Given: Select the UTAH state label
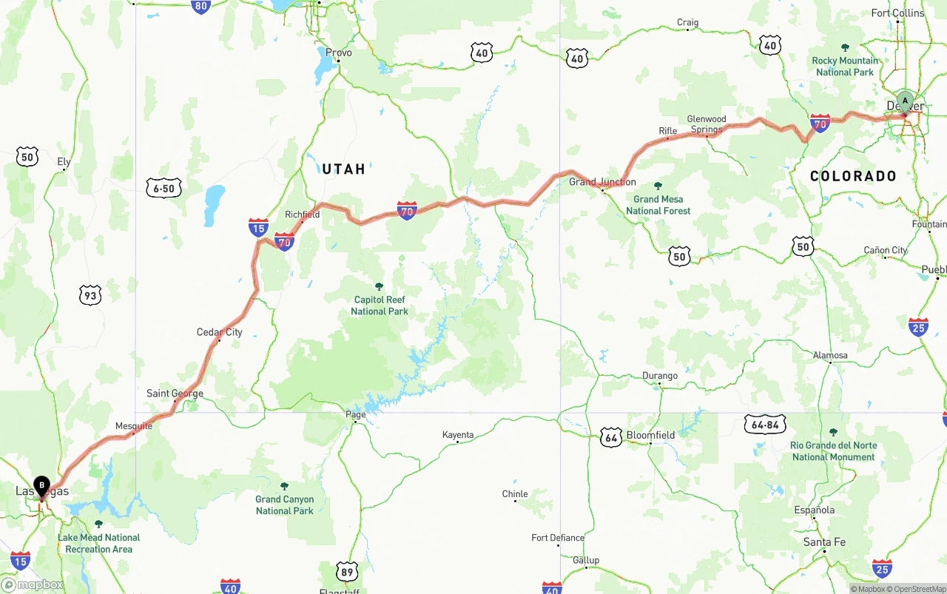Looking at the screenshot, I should pyautogui.click(x=343, y=169).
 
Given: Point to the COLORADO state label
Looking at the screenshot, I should pyautogui.click(x=853, y=176).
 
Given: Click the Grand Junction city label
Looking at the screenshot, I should pyautogui.click(x=602, y=182).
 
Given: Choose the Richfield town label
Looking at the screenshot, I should pyautogui.click(x=302, y=215).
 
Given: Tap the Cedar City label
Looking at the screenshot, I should pyautogui.click(x=219, y=332).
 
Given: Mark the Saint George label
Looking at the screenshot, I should pyautogui.click(x=175, y=394).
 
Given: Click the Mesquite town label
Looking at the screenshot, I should pyautogui.click(x=134, y=426).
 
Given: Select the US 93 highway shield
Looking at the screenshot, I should pyautogui.click(x=90, y=296).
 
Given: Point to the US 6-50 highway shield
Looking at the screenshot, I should pyautogui.click(x=164, y=189).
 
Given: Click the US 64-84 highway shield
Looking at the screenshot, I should pyautogui.click(x=765, y=424).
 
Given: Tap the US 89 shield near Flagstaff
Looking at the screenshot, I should pyautogui.click(x=347, y=571).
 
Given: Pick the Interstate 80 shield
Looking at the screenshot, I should pyautogui.click(x=200, y=7).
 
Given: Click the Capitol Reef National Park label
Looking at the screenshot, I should pyautogui.click(x=379, y=306).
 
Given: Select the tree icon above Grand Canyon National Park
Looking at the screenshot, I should pyautogui.click(x=284, y=486).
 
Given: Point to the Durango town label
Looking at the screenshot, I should pyautogui.click(x=659, y=376).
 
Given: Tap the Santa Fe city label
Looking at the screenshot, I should pyautogui.click(x=824, y=542).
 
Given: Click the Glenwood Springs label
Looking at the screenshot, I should pyautogui.click(x=707, y=124).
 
